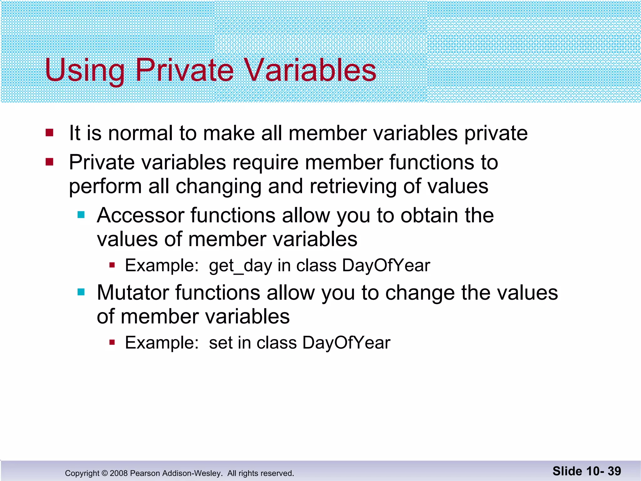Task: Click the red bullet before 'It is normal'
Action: point(49,132)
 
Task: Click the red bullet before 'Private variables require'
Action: point(49,162)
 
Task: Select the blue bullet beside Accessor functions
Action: point(81,215)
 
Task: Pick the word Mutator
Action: point(133,293)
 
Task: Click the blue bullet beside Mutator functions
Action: point(81,292)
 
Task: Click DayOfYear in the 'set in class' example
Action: point(346,343)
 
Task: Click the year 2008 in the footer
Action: point(119,473)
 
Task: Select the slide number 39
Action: point(614,471)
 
